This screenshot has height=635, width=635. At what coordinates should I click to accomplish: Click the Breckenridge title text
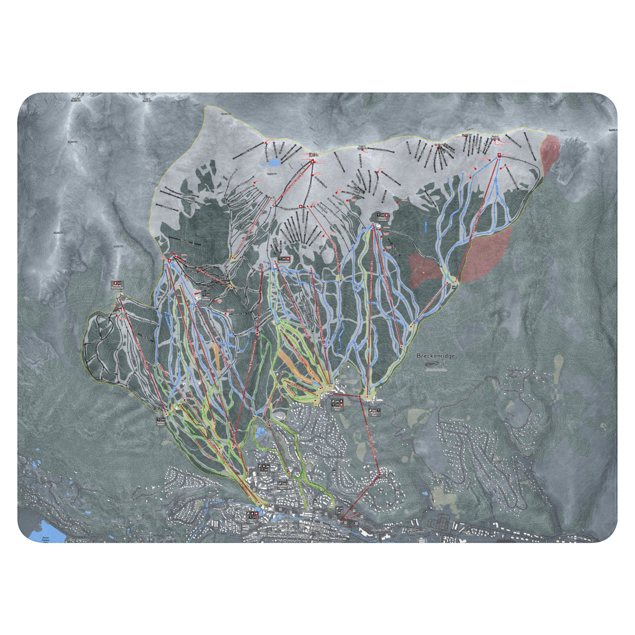tap(434, 356)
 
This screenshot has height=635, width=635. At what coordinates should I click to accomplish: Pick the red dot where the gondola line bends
tap(379, 475)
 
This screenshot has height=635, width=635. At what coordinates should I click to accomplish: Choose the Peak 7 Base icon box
tap(374, 410)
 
